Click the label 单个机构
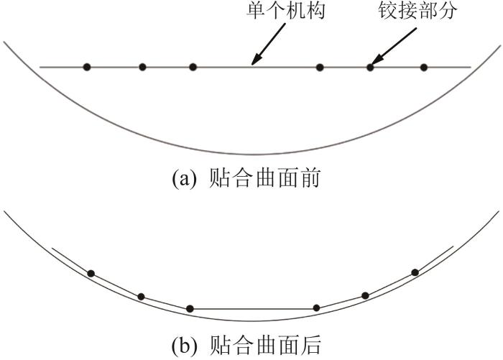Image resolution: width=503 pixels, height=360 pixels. (285, 11)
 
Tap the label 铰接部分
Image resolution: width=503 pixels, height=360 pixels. (417, 11)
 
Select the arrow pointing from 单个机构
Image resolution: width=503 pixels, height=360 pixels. (268, 45)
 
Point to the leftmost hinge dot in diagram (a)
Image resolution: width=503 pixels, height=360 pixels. (87, 67)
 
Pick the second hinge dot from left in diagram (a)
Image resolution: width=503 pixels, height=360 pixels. (142, 67)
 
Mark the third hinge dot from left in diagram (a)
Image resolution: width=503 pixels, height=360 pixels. (193, 67)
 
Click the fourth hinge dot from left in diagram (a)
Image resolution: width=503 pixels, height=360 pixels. (320, 68)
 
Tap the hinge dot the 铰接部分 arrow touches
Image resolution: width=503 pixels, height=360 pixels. (370, 68)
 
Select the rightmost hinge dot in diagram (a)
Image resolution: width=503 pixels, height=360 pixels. (424, 68)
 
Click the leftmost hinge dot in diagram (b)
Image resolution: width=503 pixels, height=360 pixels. (91, 274)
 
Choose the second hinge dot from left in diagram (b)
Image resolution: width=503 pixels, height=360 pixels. (141, 297)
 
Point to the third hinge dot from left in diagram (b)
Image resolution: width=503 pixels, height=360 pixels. (190, 309)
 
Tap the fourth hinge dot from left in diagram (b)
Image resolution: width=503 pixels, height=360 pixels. (316, 308)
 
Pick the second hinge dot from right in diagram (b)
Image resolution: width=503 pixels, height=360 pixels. (365, 295)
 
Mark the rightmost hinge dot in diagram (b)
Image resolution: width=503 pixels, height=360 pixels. (415, 272)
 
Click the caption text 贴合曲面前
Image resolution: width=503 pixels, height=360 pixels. (264, 178)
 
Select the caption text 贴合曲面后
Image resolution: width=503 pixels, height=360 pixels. (265, 346)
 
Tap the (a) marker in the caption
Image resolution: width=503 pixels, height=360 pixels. (184, 179)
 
